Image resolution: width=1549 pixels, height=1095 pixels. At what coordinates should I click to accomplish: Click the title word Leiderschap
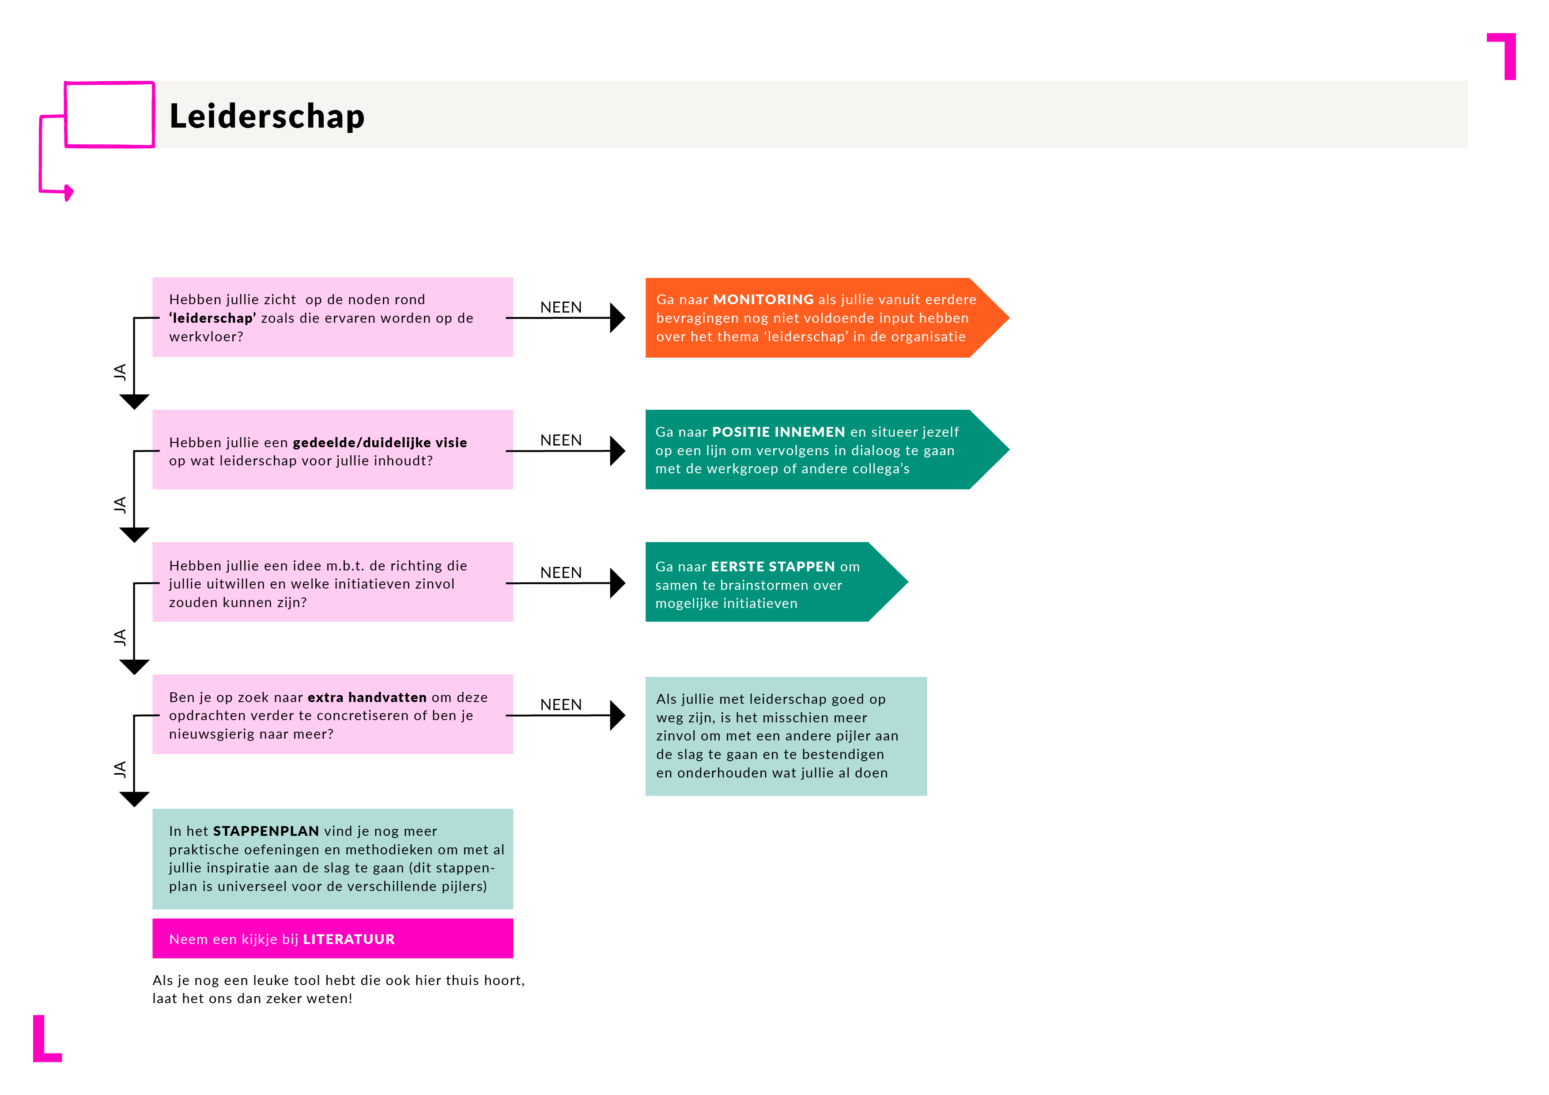[x=267, y=116]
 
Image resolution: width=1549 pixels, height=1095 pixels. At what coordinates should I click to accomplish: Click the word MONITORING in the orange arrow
[x=763, y=299]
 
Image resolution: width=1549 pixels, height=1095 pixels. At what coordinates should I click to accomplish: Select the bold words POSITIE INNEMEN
[x=778, y=432]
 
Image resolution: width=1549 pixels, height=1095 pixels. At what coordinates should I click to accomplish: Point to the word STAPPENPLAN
[x=266, y=831]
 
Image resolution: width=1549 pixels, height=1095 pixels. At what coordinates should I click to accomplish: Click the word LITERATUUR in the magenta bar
[x=349, y=939]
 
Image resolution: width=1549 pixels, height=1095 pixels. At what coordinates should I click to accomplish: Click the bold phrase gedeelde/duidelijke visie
[x=380, y=442]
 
